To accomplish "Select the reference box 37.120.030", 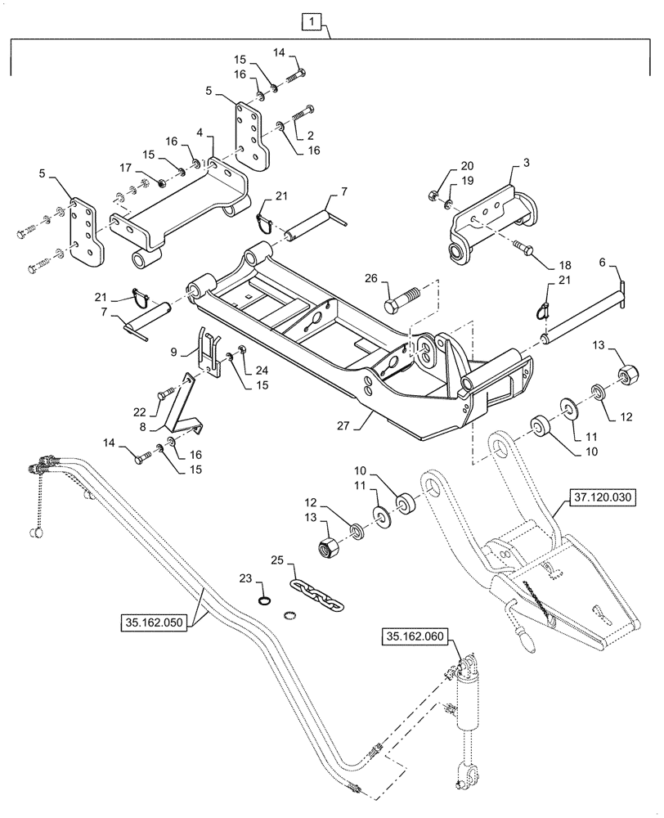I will [609, 497].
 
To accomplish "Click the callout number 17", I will [124, 168].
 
